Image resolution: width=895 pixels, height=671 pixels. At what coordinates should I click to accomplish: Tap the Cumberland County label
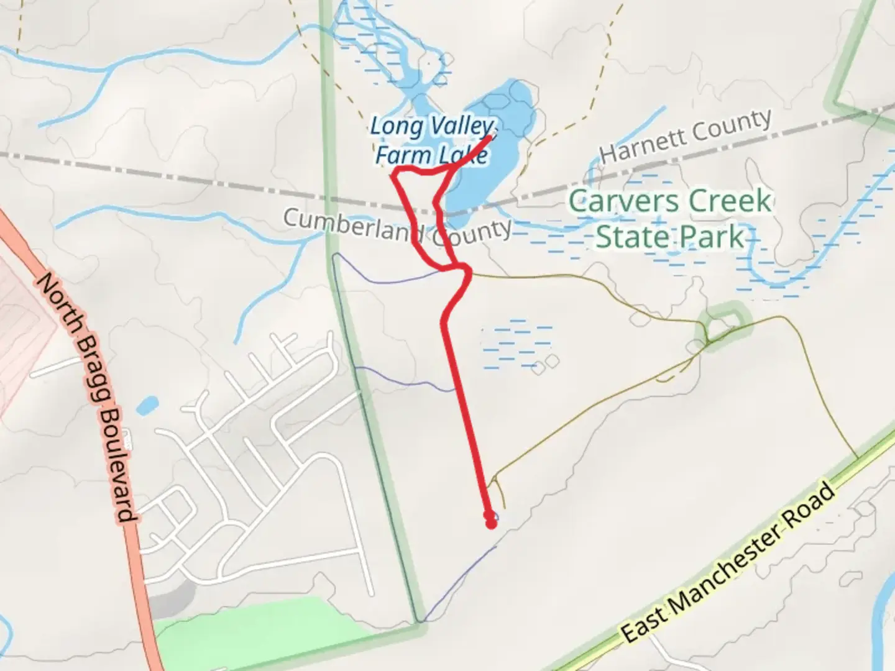tap(398, 227)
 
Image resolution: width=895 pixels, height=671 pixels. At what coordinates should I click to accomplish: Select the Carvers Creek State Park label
tap(670, 218)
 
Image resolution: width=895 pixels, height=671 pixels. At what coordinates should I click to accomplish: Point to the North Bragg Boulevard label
tap(86, 397)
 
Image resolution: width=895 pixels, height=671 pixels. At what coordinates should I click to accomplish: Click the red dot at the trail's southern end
tap(491, 523)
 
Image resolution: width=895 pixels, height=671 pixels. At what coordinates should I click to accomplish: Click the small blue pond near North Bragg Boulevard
tap(147, 406)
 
